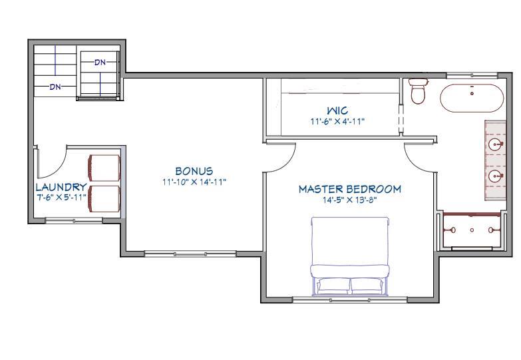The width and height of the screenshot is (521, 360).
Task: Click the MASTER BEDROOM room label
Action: [349, 189]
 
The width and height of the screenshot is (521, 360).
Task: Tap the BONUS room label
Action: [194, 172]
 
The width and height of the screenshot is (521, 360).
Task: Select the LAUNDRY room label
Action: [61, 188]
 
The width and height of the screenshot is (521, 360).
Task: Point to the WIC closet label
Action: [337, 110]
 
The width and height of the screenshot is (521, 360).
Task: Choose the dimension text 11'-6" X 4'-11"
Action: [337, 121]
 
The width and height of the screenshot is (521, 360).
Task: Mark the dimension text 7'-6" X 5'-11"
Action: [61, 197]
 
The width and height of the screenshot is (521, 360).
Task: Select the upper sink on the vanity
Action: [495, 144]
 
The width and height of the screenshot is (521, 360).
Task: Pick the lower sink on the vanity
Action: [495, 176]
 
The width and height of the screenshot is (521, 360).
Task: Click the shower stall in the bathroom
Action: [472, 230]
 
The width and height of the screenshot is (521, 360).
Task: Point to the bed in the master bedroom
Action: [350, 256]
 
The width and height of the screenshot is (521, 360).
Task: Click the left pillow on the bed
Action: [331, 285]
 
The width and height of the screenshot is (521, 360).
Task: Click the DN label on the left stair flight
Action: [56, 87]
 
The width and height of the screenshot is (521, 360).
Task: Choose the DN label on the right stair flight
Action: [100, 62]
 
